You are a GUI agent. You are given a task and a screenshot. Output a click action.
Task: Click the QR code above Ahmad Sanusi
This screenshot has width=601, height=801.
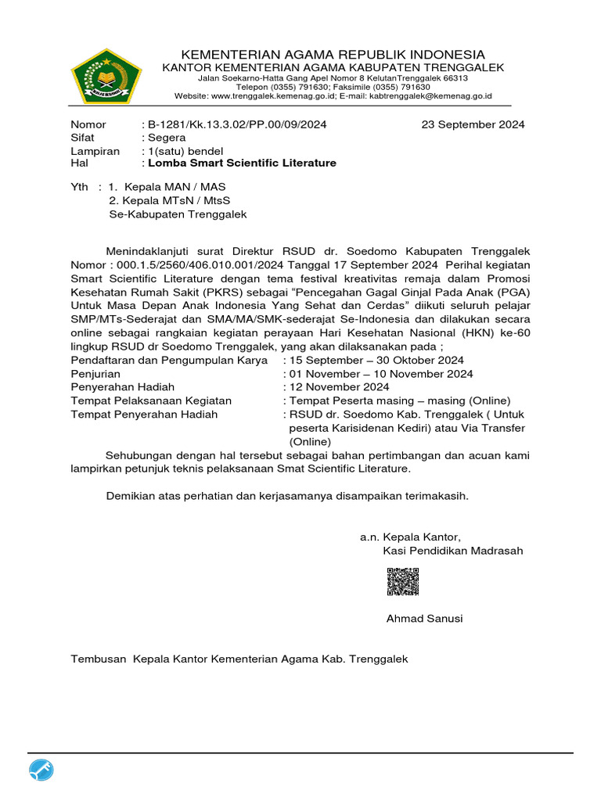(x=403, y=582)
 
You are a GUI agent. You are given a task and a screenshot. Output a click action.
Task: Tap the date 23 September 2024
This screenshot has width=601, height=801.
(x=473, y=124)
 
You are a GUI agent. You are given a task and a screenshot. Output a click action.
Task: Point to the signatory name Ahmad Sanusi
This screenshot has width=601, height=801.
(x=424, y=619)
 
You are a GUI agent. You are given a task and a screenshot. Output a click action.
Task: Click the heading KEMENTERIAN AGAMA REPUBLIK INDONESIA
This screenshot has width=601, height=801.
(x=333, y=54)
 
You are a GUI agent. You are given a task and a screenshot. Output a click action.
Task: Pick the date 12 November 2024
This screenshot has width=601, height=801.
(x=339, y=387)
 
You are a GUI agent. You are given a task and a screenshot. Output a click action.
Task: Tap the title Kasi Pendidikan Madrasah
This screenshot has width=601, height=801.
(x=453, y=551)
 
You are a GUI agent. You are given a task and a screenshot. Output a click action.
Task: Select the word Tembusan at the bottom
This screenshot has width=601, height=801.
(x=99, y=659)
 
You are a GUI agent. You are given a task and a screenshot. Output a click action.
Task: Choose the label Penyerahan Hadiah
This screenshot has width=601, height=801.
(x=123, y=387)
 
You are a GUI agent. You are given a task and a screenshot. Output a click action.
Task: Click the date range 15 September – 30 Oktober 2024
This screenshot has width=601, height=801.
(x=376, y=361)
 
